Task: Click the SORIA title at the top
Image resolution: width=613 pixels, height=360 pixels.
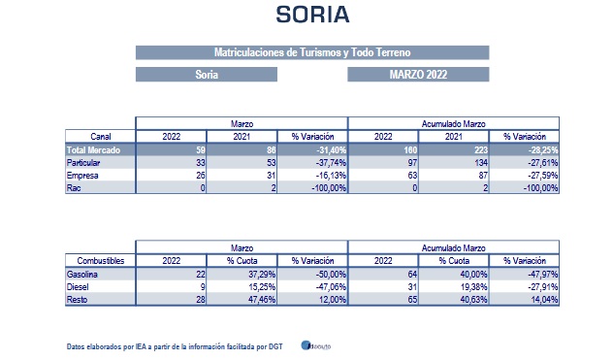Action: coord(311,15)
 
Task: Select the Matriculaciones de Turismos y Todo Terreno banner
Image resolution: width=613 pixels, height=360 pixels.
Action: coord(311,51)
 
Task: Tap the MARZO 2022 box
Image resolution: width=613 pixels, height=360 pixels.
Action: coord(418,74)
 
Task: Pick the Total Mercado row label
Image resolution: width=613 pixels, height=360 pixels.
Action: coord(88,150)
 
